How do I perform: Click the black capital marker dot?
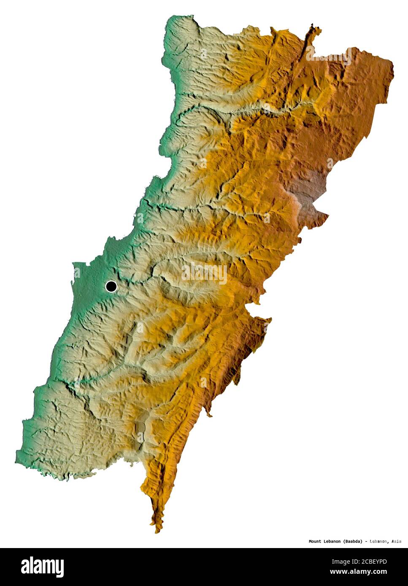[x=111, y=287]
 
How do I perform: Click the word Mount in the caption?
[x=315, y=541]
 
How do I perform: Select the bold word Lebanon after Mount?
[x=332, y=541]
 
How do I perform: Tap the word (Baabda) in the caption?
[x=352, y=541]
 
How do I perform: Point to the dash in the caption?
[x=366, y=541]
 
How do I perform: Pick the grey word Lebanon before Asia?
[x=378, y=541]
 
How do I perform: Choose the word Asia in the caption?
[x=396, y=541]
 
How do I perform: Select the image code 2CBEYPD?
[x=373, y=562]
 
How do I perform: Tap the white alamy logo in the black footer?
[x=42, y=567]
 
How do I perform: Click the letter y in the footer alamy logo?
[x=60, y=568]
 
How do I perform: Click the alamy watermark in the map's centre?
[x=204, y=274]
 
